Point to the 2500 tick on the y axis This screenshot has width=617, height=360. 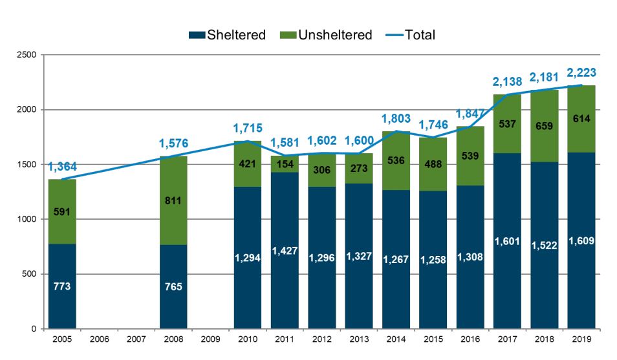[x=27, y=55]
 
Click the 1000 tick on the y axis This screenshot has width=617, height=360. [x=27, y=220]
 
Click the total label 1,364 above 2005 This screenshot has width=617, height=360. [x=62, y=167]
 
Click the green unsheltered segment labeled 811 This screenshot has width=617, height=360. [x=173, y=201]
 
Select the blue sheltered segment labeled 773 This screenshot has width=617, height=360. [x=62, y=286]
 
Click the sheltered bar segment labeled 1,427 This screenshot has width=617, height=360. [x=285, y=251]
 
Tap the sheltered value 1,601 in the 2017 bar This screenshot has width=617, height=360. [x=507, y=241]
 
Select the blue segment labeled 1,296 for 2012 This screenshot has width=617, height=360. [x=321, y=258]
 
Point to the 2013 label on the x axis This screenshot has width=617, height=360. [x=358, y=339]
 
